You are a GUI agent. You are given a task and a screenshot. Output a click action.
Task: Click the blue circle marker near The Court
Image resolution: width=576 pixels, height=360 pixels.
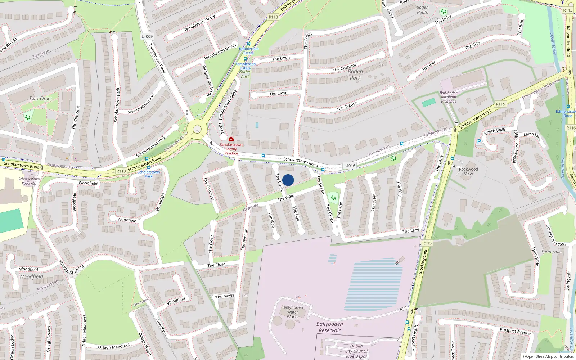click(x=288, y=180)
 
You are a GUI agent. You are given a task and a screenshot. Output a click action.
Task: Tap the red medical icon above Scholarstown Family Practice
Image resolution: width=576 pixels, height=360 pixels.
click(x=231, y=139)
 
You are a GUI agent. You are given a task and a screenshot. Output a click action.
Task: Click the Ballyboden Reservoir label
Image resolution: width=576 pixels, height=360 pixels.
click(x=329, y=327)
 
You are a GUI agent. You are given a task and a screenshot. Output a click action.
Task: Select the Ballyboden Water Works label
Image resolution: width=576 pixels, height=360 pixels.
click(x=292, y=312)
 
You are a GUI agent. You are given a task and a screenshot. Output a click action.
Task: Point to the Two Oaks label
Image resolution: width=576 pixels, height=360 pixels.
click(x=40, y=99)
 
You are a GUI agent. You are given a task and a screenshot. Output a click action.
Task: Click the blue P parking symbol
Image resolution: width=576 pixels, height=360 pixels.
click(x=479, y=141)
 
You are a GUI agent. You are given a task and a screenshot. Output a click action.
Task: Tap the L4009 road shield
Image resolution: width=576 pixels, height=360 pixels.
click(x=147, y=36)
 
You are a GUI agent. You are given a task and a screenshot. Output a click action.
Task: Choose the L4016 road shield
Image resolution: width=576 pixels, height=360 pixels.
click(x=349, y=166)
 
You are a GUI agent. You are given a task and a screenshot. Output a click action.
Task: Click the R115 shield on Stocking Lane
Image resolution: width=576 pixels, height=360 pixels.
click(x=427, y=243)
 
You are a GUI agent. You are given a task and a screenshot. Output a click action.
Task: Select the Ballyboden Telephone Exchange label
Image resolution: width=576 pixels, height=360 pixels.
click(x=449, y=97)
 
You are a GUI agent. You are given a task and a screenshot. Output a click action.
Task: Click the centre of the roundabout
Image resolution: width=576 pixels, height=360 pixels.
click(x=197, y=129)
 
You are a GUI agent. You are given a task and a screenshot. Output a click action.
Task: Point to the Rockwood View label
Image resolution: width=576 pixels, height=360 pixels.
click(x=468, y=171)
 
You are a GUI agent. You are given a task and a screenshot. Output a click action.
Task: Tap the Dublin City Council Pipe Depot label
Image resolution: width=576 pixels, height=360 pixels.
click(x=356, y=351)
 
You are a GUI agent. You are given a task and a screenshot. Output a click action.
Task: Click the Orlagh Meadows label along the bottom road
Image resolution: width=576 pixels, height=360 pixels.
click(x=114, y=347)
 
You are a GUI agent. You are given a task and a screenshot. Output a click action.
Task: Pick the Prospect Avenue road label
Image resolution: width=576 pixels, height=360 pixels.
click(x=515, y=331)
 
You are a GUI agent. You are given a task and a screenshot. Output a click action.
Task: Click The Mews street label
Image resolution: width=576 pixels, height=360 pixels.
click(x=225, y=296)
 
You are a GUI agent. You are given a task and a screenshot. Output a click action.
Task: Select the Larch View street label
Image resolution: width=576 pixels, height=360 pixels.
click(x=532, y=136)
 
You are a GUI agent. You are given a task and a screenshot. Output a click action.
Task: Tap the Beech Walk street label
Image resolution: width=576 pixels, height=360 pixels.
click(x=495, y=131)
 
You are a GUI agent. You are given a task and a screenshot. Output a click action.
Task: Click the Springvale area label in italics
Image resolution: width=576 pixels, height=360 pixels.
click(x=551, y=252)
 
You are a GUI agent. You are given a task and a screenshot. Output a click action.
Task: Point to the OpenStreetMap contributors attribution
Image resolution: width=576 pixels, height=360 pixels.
click(x=548, y=356)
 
